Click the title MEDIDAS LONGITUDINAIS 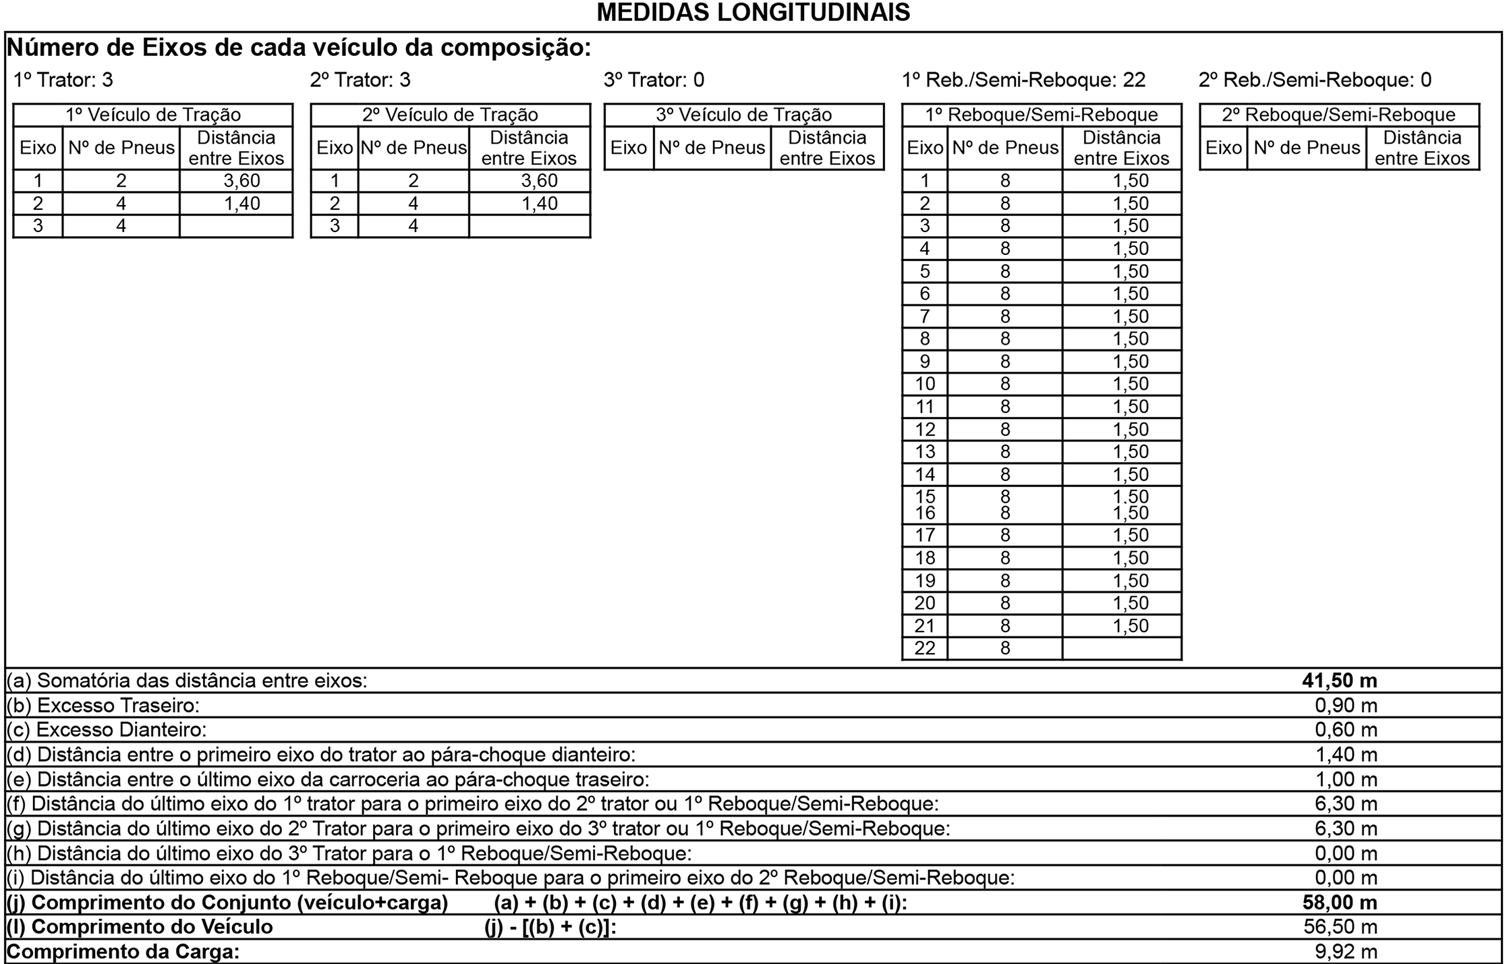point(753,12)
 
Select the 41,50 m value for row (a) point(1339,681)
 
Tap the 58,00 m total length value point(1339,903)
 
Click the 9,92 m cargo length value point(1346,952)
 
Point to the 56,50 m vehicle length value point(1340,927)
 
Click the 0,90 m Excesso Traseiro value point(1346,706)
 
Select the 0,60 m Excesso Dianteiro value point(1346,730)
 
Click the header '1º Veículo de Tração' point(153,115)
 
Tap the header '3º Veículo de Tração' point(743,115)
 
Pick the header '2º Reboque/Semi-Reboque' point(1338,115)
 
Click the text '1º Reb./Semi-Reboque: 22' point(1023,80)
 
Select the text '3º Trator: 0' point(654,80)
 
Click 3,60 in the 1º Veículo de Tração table point(242,181)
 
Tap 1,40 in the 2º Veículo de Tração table point(539,204)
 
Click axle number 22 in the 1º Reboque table point(925,648)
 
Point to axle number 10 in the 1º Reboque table point(925,384)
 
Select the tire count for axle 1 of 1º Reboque point(1005,181)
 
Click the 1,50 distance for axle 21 point(1130,625)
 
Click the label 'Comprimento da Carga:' point(123,952)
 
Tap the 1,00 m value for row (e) point(1346,779)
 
